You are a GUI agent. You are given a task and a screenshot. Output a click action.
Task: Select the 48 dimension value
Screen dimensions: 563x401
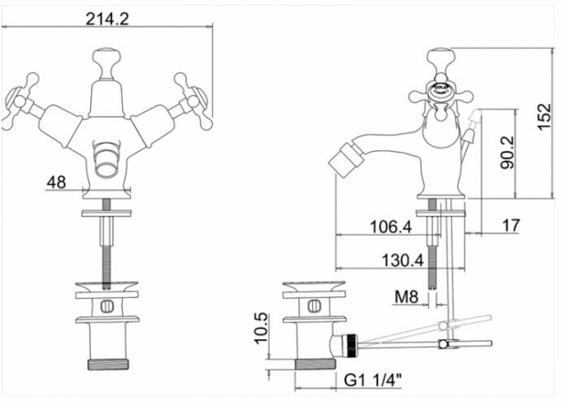point(57,182)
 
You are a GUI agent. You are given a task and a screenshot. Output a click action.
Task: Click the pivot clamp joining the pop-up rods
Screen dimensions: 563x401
point(442,344)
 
